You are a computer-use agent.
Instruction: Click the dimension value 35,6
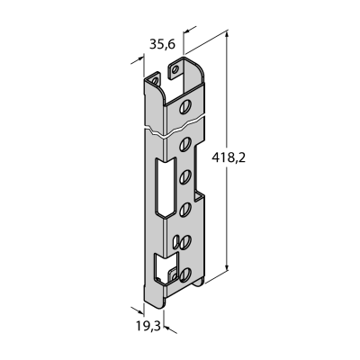[162, 44]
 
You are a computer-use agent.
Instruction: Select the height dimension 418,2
[229, 157]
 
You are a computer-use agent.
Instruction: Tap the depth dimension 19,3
[148, 326]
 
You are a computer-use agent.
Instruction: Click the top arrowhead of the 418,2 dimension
[227, 35]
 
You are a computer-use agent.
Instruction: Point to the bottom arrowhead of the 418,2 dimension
[227, 266]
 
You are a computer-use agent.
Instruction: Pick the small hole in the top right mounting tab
[175, 70]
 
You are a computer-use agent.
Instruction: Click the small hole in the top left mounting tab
[155, 81]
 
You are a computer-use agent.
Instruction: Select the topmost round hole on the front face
[185, 107]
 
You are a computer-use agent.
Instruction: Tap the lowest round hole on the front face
[185, 274]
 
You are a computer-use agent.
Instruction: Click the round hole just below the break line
[185, 144]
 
